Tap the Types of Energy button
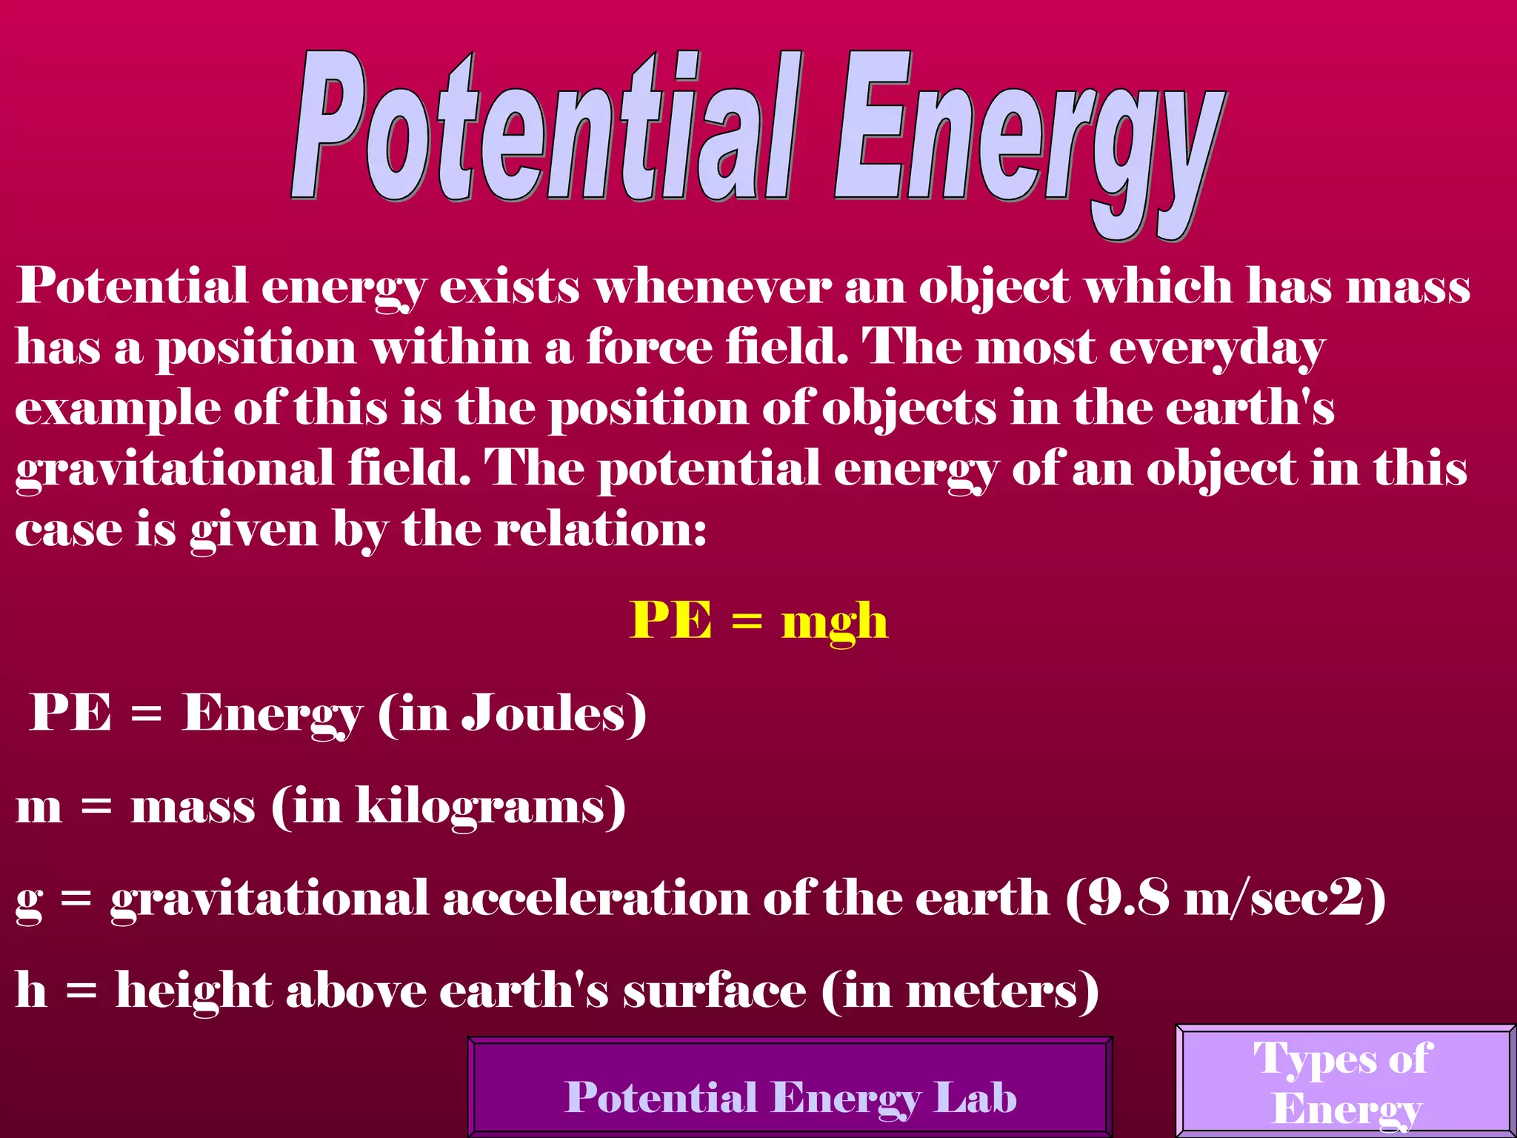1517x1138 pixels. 1344,1082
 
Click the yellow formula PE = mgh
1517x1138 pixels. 758,621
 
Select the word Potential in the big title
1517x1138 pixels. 544,130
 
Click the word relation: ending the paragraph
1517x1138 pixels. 600,530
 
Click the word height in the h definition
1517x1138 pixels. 193,991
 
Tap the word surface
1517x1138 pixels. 714,991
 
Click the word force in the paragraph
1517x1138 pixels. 648,347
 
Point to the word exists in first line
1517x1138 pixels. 509,287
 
